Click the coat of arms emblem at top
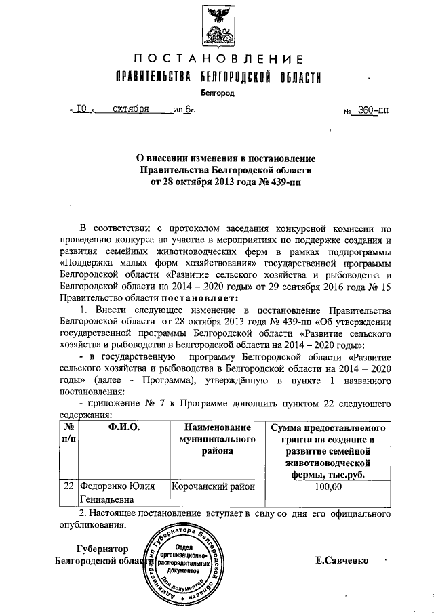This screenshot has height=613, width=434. click(x=217, y=26)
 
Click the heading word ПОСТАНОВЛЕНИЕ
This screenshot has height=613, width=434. click(x=217, y=58)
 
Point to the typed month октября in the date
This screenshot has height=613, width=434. click(x=131, y=109)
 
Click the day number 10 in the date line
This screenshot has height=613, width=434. click(x=82, y=109)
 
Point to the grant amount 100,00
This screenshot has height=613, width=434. click(x=328, y=486)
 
